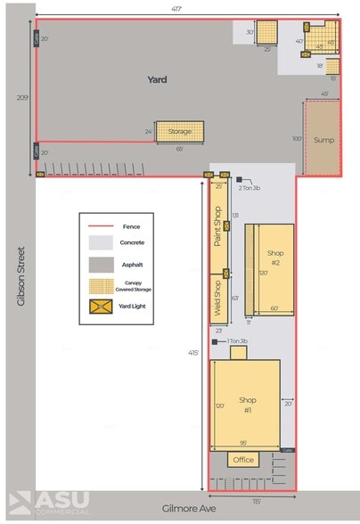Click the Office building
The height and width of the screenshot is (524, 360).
tap(242, 460)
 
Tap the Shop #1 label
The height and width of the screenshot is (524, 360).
tap(246, 405)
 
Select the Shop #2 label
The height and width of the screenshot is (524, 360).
tap(274, 258)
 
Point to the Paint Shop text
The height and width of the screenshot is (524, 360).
tap(217, 226)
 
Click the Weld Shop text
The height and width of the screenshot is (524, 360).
tap(217, 296)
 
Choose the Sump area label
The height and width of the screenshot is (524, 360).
tap(323, 140)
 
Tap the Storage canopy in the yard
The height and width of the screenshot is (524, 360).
tap(179, 132)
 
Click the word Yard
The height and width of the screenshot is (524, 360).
tap(157, 79)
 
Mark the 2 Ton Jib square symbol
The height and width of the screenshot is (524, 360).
tap(239, 179)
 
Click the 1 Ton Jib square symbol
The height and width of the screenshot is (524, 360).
tap(214, 341)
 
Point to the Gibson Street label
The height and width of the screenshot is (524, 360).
tap(20, 276)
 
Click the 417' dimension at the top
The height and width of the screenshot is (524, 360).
tap(188, 8)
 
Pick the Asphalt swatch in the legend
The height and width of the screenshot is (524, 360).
tap(99, 264)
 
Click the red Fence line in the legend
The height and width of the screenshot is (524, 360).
tap(99, 227)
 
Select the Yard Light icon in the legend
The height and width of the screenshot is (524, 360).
tap(99, 307)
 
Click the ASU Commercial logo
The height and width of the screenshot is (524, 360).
tap(49, 503)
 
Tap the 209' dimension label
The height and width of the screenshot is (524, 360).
tap(22, 97)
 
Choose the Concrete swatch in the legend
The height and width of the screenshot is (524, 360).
tap(99, 242)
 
